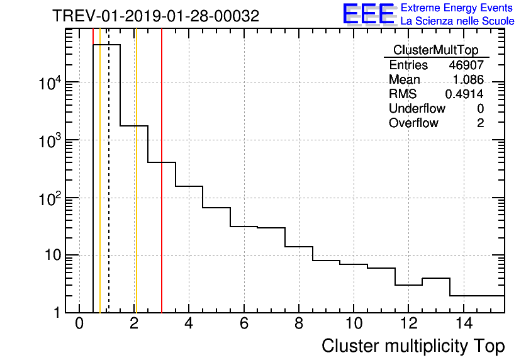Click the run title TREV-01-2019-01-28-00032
(x=155, y=16)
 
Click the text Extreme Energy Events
(x=457, y=8)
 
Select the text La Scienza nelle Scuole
(x=457, y=21)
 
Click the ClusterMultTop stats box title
(x=435, y=50)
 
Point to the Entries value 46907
(x=466, y=65)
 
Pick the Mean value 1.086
(x=468, y=80)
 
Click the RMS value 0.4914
(x=464, y=94)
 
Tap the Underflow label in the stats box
(x=417, y=109)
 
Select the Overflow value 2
(x=480, y=123)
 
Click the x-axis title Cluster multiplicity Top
(x=413, y=346)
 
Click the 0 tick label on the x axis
(x=79, y=324)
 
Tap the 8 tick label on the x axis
(x=298, y=324)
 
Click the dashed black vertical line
(x=109, y=189)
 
